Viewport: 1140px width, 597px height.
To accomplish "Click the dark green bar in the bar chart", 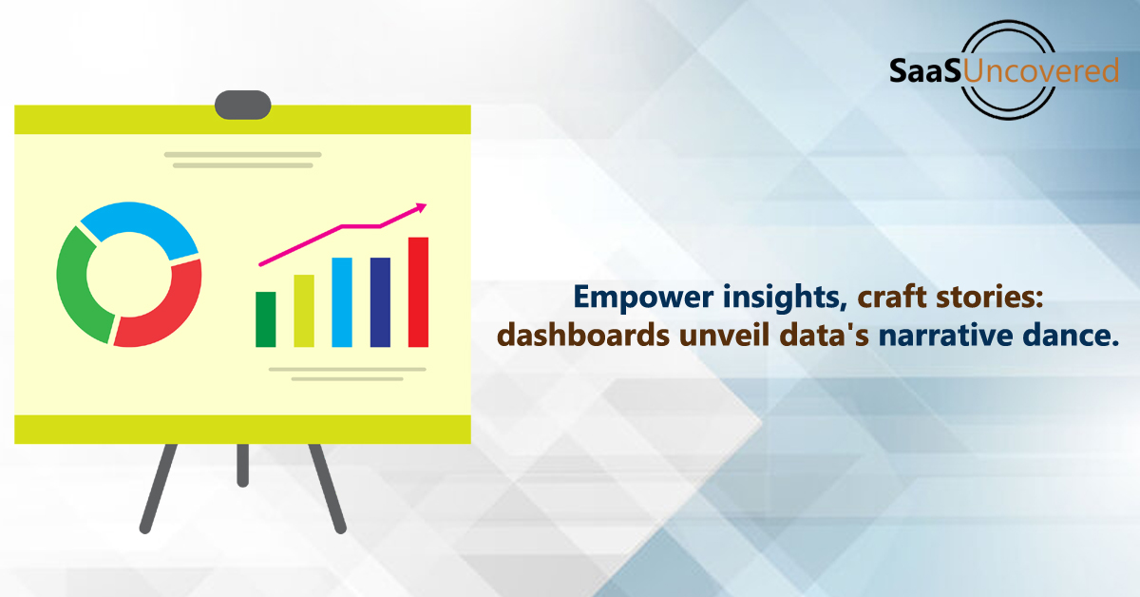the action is click(266, 319).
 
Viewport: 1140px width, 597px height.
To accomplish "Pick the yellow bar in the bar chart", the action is click(304, 311).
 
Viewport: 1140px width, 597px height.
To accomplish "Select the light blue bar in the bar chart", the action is click(342, 302).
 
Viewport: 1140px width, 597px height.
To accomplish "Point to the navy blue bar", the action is click(380, 302).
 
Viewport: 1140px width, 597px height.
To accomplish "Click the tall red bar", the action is click(418, 292).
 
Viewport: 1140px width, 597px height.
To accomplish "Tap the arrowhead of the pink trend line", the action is click(422, 207).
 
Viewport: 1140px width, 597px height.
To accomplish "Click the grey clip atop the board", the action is click(243, 105).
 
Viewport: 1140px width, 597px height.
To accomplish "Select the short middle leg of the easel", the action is click(243, 465).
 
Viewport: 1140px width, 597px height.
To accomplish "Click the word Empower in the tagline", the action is click(643, 297).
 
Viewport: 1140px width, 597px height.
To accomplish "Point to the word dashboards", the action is click(583, 336).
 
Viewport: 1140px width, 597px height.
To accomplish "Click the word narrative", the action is click(945, 337).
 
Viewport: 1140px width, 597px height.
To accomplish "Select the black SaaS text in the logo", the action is click(925, 70).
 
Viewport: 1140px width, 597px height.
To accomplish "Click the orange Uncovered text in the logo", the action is click(1041, 70).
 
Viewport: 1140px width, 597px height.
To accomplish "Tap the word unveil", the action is click(725, 336).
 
